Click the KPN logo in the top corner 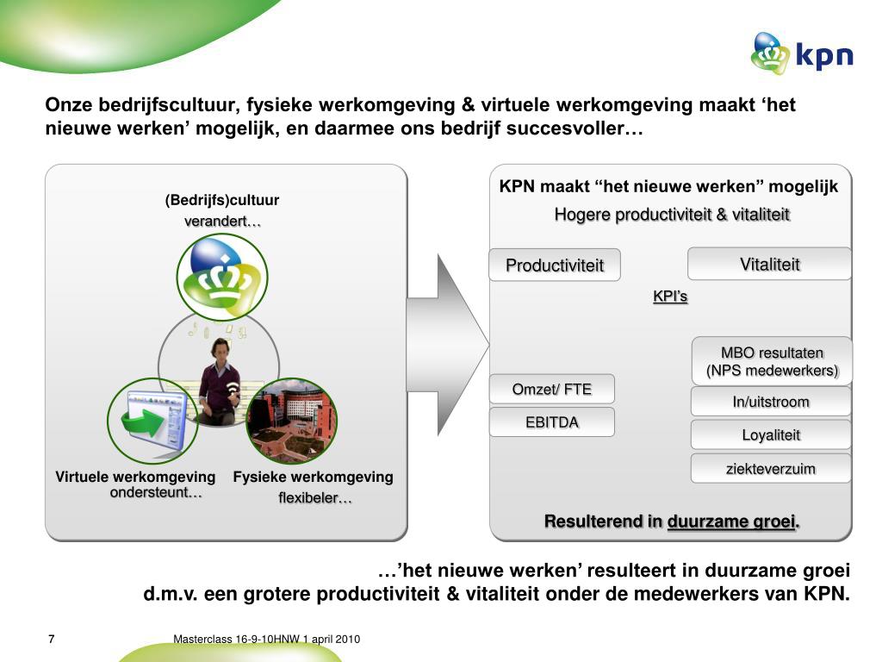click(801, 53)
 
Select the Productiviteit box click(554, 265)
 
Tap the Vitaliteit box click(769, 264)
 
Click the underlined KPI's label click(670, 297)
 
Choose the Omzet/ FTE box click(552, 389)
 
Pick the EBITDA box click(552, 422)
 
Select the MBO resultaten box click(772, 361)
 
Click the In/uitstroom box click(771, 402)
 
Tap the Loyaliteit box click(771, 435)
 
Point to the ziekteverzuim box click(771, 469)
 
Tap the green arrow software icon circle click(152, 420)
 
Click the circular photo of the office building click(291, 420)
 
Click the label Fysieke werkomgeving click(313, 477)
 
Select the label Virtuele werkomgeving click(135, 477)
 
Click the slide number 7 click(51, 639)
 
